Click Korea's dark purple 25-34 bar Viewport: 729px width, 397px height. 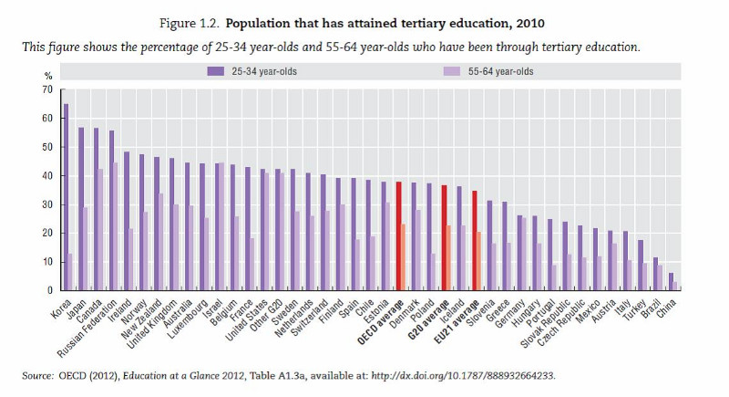(66, 197)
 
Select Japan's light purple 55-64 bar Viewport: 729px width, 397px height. (85, 249)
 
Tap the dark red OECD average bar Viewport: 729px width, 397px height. (398, 236)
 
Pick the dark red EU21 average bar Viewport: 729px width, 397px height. (474, 241)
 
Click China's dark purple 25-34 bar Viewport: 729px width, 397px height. (671, 282)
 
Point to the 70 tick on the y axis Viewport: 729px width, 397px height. (48, 89)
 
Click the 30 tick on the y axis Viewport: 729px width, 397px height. (48, 204)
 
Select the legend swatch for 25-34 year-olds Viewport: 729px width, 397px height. (216, 71)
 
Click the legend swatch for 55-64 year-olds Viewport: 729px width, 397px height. (452, 71)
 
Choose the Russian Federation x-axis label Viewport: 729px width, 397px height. (87, 329)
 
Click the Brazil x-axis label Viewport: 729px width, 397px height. (651, 309)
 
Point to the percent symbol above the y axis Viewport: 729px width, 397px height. (48, 77)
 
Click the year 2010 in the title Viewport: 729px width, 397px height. (530, 23)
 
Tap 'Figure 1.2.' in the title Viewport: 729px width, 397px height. (189, 24)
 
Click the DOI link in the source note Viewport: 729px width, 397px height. (463, 376)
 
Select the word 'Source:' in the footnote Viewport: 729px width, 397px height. (37, 376)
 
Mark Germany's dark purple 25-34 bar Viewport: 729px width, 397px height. (519, 253)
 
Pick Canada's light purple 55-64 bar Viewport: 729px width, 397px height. (100, 230)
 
